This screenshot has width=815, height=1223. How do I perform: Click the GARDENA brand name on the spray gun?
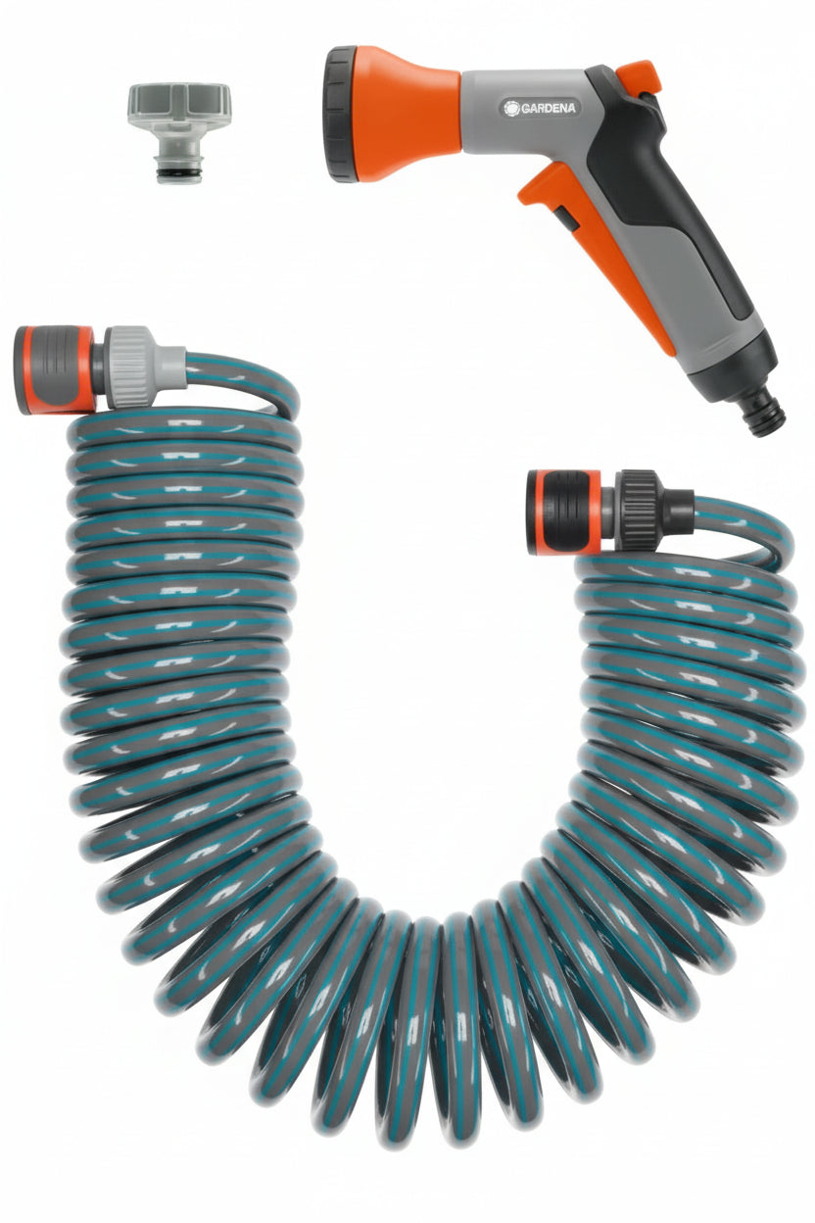tap(548, 108)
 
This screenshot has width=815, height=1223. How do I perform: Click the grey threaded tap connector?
tap(179, 132)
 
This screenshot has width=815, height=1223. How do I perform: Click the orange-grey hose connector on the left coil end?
tap(55, 369)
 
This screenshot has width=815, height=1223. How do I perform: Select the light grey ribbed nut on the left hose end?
tap(127, 367)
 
